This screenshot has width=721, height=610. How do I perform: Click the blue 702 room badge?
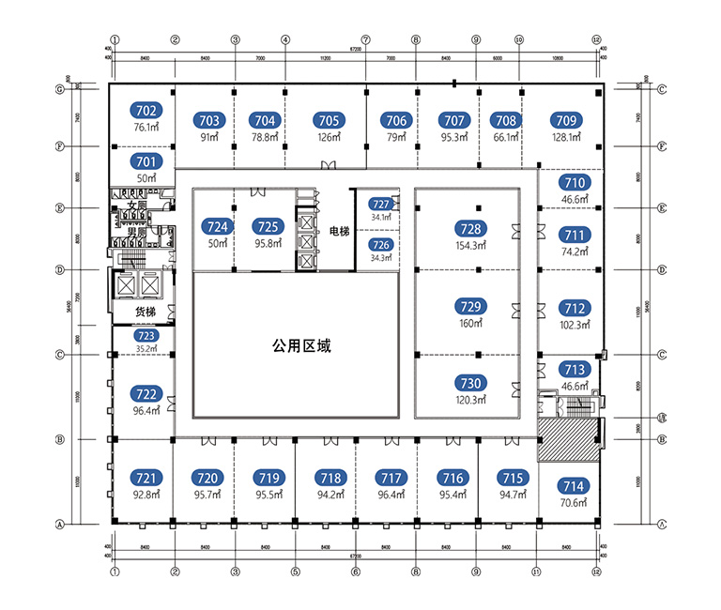pos(146,110)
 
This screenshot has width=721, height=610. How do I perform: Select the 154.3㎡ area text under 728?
pos(470,245)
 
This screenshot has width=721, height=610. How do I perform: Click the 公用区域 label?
pos(302,345)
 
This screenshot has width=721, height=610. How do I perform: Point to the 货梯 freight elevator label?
pos(146,312)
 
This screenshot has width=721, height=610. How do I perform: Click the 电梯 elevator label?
pos(340,230)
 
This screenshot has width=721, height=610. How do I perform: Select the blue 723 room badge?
pos(145,335)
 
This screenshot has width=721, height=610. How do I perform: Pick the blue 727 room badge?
pos(380,204)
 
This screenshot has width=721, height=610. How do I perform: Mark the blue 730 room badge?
pos(470,383)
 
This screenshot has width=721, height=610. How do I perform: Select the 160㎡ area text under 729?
pos(470,323)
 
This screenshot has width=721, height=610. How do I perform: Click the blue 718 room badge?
pos(329,477)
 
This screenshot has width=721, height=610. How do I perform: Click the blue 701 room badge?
pos(146,161)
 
